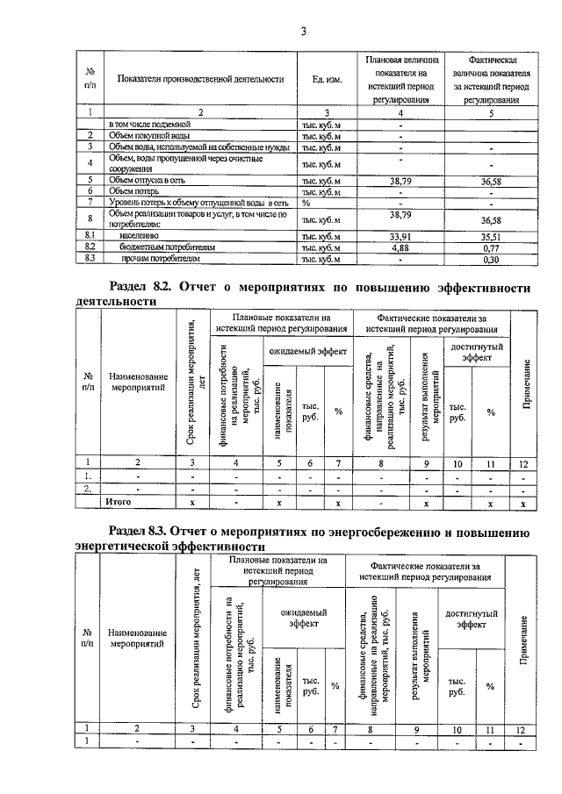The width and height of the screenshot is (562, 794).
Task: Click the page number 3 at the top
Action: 303,32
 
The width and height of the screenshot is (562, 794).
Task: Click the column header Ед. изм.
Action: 326,80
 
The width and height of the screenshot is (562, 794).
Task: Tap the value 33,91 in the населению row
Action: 400,235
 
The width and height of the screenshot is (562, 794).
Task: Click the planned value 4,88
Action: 400,247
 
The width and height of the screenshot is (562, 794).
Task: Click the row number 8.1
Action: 90,235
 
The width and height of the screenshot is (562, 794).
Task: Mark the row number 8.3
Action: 90,260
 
